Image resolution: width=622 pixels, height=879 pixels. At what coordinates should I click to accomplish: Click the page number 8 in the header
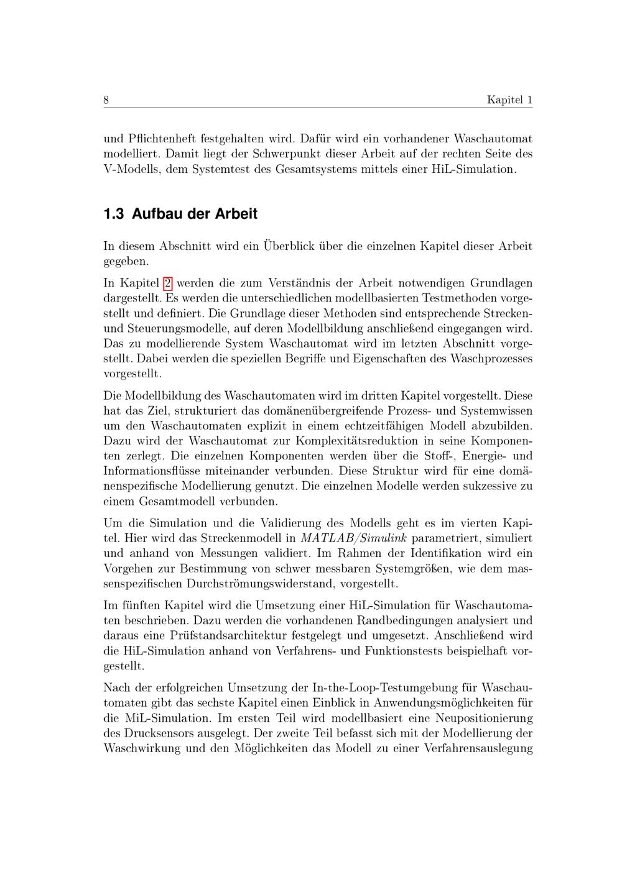106,100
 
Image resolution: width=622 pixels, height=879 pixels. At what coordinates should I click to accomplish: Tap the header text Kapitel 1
509,100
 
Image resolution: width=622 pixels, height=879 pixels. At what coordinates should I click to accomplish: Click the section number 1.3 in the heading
114,214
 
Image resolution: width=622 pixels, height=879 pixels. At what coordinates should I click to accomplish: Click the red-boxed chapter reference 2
167,283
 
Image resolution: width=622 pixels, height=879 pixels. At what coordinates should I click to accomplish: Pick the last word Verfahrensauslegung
478,748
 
